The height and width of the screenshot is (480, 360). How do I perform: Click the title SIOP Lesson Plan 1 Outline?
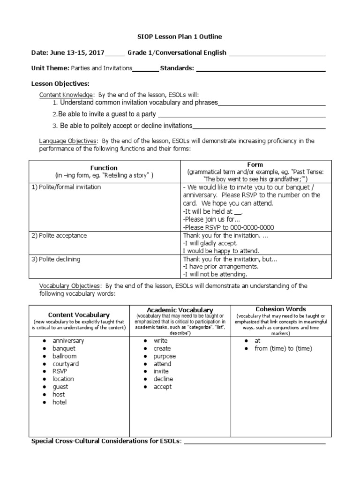pyautogui.click(x=180, y=36)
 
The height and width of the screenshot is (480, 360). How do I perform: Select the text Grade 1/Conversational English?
pyautogui.click(x=177, y=52)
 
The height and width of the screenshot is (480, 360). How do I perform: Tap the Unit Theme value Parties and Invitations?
pyautogui.click(x=101, y=68)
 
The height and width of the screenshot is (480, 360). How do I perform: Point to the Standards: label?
pyautogui.click(x=177, y=68)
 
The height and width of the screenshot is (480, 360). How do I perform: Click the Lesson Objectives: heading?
pyautogui.click(x=60, y=83)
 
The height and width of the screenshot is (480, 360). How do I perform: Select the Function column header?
pyautogui.click(x=104, y=168)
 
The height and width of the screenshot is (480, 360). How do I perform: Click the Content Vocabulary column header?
pyautogui.click(x=79, y=315)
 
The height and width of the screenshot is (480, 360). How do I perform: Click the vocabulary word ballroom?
pyautogui.click(x=64, y=356)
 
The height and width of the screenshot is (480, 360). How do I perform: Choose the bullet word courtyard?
pyautogui.click(x=66, y=364)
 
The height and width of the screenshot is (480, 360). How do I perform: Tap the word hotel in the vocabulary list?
pyautogui.click(x=60, y=402)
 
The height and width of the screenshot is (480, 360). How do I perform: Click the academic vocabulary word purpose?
pyautogui.click(x=165, y=356)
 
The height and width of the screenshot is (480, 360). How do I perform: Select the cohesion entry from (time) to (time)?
pyautogui.click(x=283, y=348)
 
